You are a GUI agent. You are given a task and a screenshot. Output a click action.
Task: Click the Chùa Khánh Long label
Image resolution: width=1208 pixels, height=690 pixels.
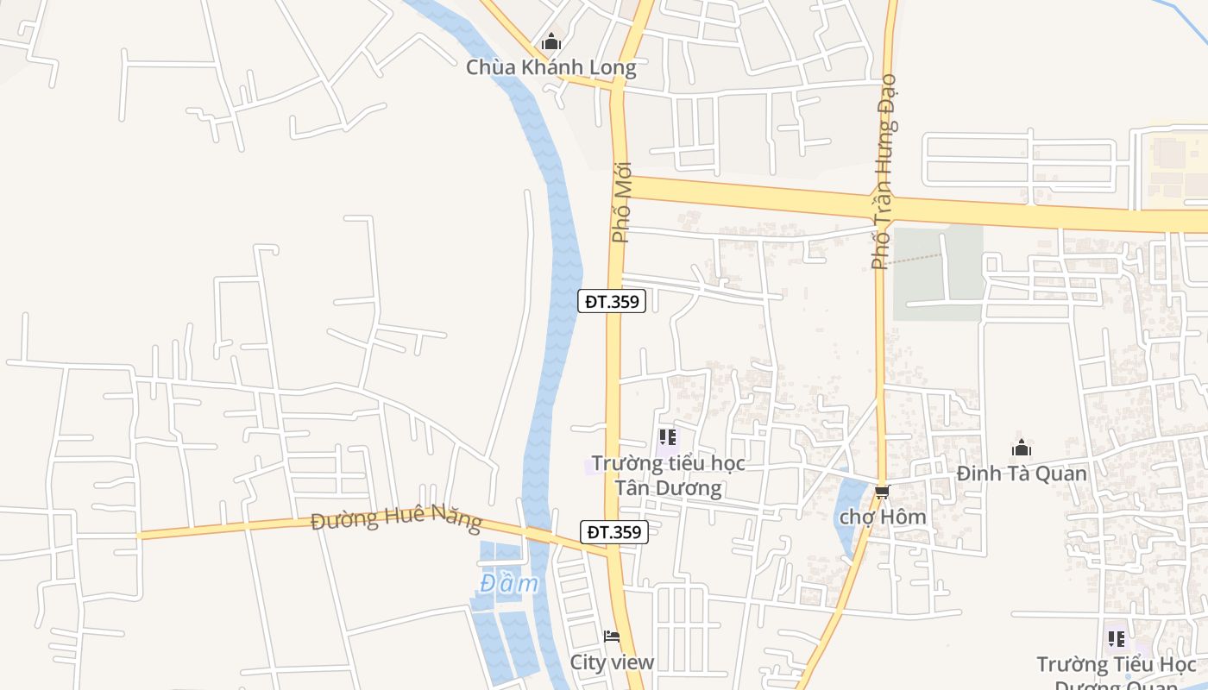[x=551, y=67]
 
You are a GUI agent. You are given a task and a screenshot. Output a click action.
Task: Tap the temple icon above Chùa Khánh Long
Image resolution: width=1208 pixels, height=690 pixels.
[x=551, y=41]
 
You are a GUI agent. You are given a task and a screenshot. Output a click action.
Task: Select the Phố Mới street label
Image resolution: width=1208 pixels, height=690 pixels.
[x=621, y=202]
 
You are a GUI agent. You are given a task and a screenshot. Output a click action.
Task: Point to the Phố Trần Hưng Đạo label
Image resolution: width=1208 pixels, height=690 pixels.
[x=884, y=172]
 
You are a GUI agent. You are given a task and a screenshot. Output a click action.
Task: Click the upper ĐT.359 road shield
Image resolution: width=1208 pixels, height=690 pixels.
[x=612, y=301]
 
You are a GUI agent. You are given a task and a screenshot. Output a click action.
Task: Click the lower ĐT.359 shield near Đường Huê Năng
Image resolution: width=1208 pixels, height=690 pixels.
[x=613, y=532]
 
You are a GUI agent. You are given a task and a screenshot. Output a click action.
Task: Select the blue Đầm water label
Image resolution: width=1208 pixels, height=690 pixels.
[x=509, y=584]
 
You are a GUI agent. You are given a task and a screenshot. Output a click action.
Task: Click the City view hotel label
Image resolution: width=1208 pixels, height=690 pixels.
[x=612, y=662]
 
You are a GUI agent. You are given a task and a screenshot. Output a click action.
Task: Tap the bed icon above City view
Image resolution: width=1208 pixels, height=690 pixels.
[x=612, y=637]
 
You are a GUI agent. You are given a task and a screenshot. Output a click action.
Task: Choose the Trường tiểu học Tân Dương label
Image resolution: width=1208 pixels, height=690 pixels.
[x=668, y=475]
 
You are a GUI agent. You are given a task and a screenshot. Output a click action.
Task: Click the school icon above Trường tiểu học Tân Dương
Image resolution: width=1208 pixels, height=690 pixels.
[x=667, y=437]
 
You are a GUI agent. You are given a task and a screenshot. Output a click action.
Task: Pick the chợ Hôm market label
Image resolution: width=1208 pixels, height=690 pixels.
[x=883, y=517]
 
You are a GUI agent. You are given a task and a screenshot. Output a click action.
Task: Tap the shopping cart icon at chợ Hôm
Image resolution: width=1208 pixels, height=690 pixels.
[x=882, y=492]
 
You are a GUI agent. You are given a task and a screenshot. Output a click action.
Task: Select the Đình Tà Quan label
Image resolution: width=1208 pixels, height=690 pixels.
[x=1022, y=474]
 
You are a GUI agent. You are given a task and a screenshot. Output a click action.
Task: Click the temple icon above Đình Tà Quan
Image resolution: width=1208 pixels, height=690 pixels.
[x=1022, y=448]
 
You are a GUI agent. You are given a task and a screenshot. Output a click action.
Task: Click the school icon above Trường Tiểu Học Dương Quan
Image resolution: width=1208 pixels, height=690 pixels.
[x=1117, y=639]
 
